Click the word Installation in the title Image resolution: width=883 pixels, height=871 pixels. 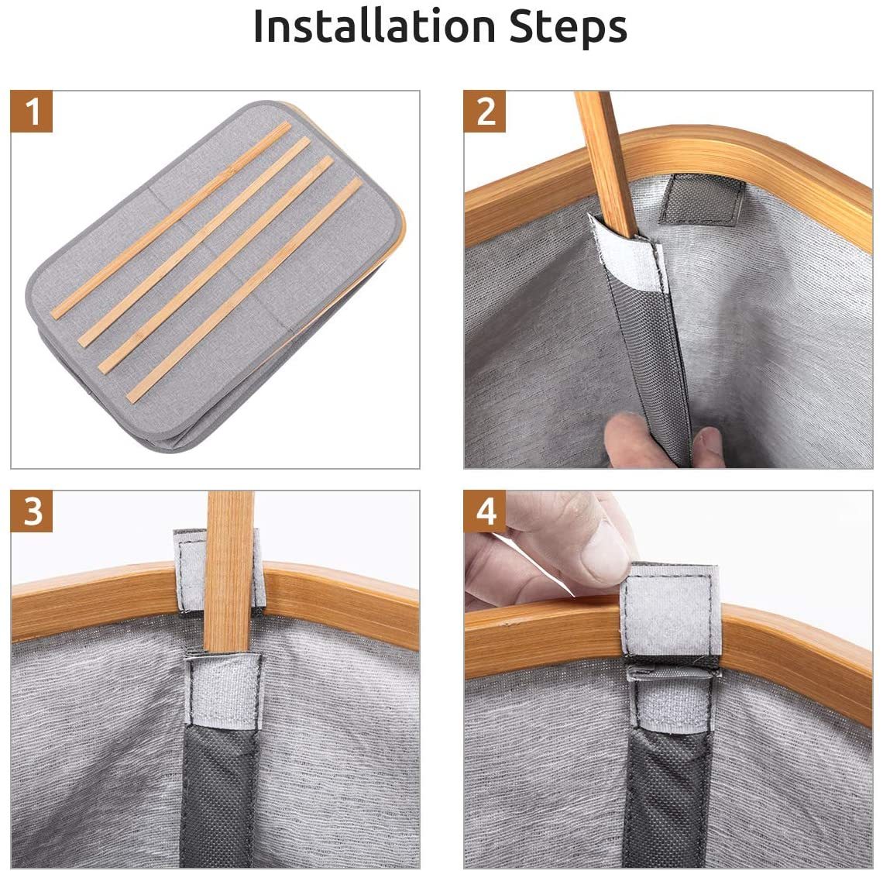(374, 26)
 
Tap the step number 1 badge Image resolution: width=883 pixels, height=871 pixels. (32, 112)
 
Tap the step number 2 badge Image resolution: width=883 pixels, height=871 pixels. (484, 112)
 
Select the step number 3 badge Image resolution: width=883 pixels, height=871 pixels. (32, 511)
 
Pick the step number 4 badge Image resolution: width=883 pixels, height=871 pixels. (484, 511)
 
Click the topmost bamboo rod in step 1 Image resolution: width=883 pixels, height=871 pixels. (171, 220)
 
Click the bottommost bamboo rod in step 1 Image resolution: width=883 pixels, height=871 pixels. (245, 290)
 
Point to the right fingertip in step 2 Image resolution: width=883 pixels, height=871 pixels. (709, 447)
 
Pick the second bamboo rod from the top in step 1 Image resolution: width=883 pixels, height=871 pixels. (194, 242)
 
